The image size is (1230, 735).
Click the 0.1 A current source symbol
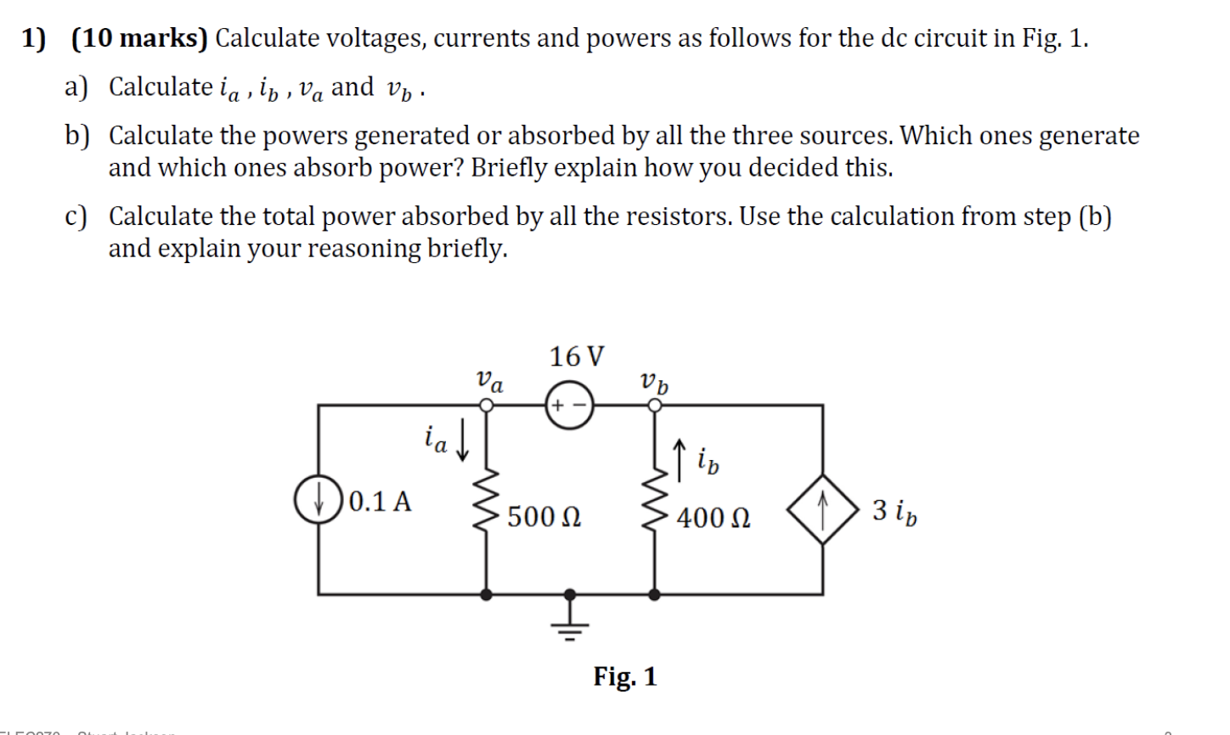point(319,498)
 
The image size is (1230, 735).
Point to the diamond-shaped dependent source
point(821,509)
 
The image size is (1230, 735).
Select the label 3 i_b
point(894,512)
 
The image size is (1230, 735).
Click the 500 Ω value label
point(544,517)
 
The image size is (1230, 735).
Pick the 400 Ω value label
point(713,517)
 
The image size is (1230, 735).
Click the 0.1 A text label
point(380,502)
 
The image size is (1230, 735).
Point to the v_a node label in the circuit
point(489,380)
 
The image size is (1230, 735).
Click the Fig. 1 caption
point(624,676)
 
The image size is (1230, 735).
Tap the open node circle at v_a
point(487,406)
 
